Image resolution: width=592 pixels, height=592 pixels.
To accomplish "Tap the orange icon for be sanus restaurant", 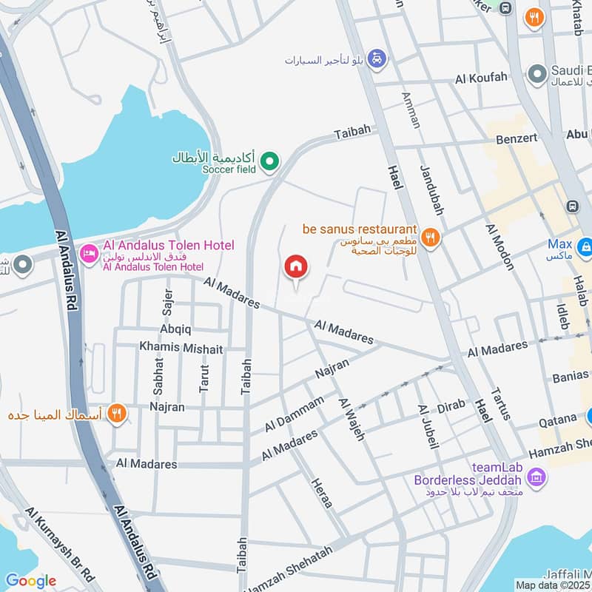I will point(431,238).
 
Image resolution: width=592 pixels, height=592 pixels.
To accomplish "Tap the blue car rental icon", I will point(377,58).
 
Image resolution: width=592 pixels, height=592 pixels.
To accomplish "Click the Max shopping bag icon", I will point(585,244).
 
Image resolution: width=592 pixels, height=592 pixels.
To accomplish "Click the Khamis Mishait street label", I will point(181,347).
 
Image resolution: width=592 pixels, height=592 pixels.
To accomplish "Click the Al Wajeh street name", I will point(351,419).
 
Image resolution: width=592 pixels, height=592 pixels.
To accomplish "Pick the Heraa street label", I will point(321,492).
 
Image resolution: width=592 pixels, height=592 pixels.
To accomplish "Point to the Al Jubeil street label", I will point(428,427).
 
